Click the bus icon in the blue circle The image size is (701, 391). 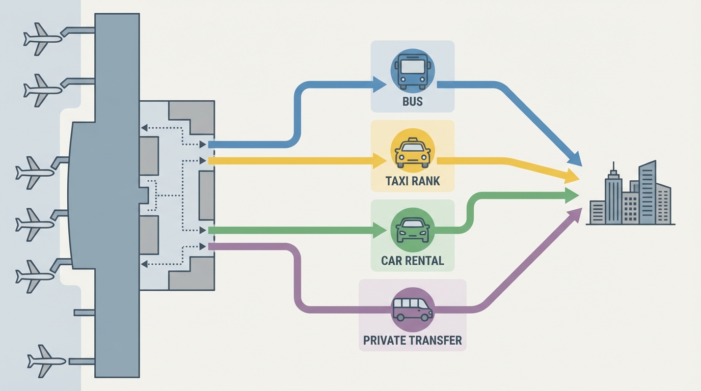(413, 71)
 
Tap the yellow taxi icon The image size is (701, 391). (413, 151)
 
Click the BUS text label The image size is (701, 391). (413, 101)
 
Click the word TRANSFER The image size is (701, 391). (437, 340)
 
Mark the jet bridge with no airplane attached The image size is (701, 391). (84, 312)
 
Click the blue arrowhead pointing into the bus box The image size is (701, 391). (380, 85)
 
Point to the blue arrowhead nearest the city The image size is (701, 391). (575, 159)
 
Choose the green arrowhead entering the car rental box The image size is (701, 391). (380, 230)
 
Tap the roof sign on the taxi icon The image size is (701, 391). (413, 140)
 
